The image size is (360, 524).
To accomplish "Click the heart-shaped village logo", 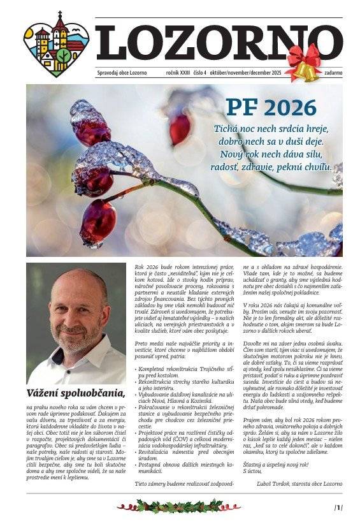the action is pos(56,43).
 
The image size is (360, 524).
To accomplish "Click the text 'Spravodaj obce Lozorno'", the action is pos(122,73).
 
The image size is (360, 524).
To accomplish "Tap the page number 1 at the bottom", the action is pos(338,507).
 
